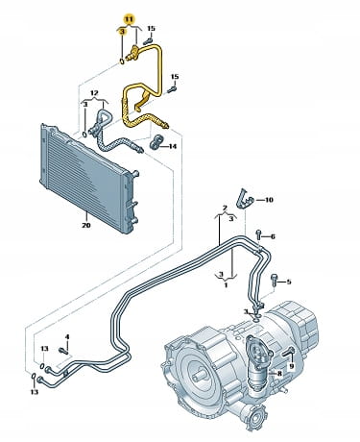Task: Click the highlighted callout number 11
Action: click(129, 19)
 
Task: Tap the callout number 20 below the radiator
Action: click(86, 225)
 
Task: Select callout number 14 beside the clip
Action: click(173, 146)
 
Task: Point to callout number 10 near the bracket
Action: click(269, 200)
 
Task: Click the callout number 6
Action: click(273, 236)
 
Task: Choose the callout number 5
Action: click(289, 282)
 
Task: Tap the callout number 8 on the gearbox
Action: click(279, 373)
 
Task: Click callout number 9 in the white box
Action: click(292, 365)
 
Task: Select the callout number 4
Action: click(67, 336)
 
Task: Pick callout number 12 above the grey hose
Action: click(94, 93)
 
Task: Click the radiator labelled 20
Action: click(86, 178)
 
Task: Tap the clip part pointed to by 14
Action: click(156, 142)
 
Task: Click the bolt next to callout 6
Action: click(259, 235)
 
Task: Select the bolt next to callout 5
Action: click(276, 280)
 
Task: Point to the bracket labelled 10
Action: click(244, 199)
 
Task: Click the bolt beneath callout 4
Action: click(63, 351)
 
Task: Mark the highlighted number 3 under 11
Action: click(122, 32)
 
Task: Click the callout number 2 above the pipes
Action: click(225, 209)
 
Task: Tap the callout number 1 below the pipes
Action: click(226, 284)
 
